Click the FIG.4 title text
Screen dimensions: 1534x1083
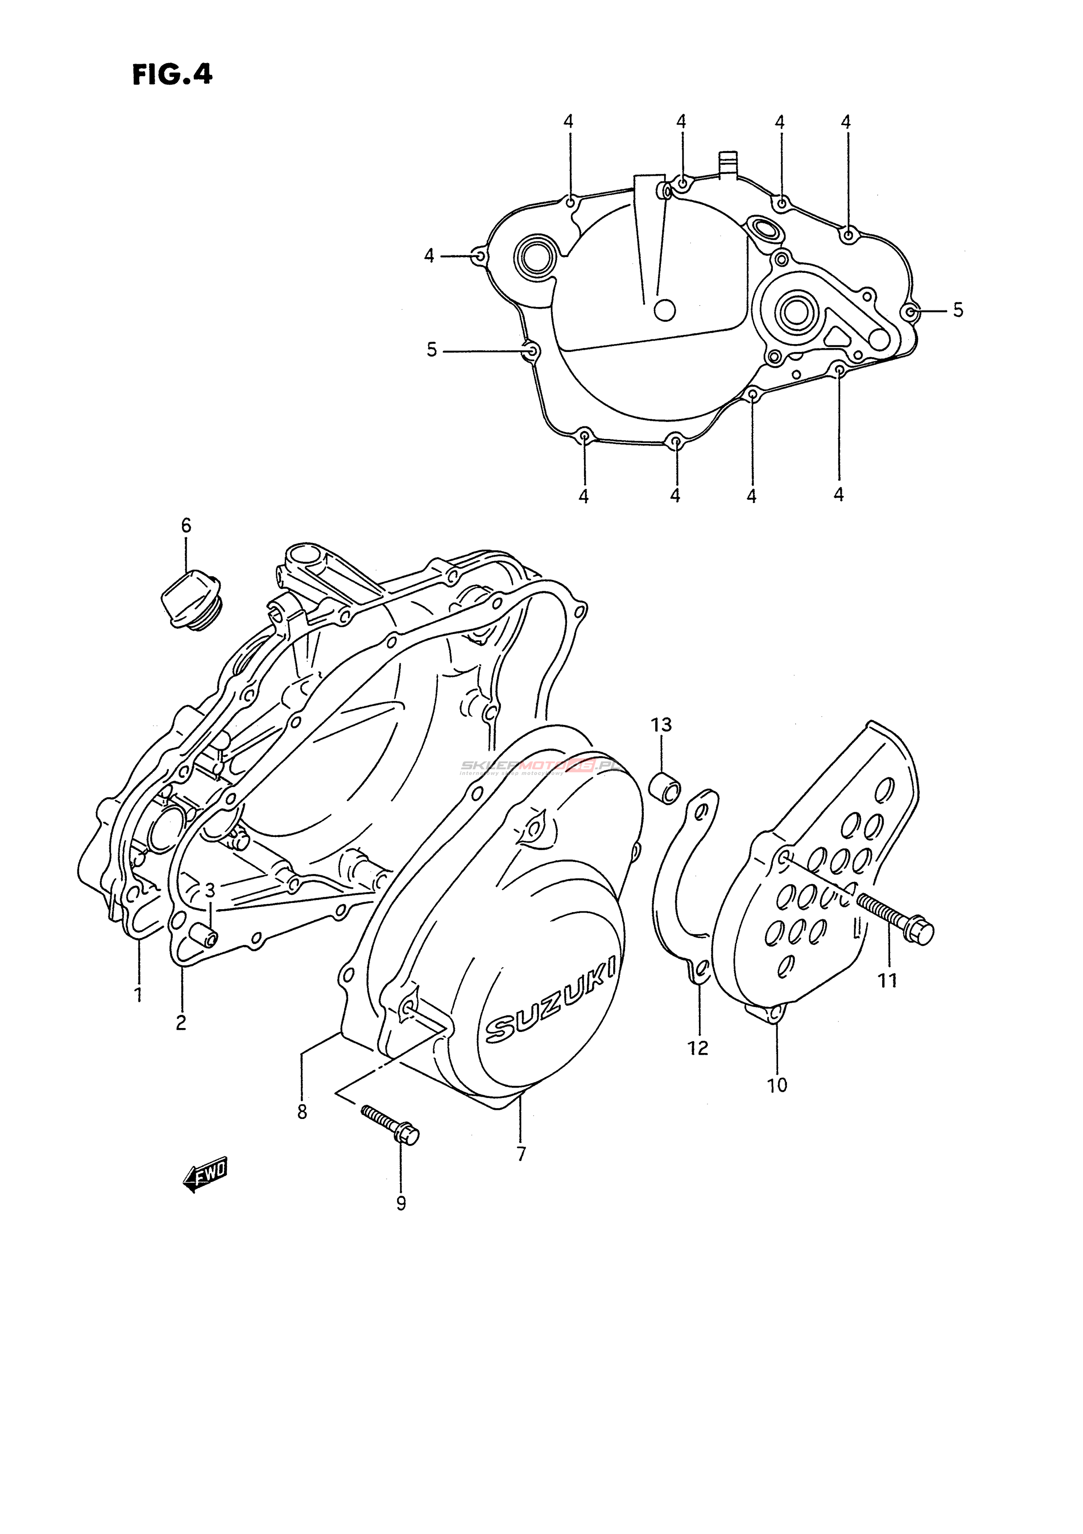(x=172, y=74)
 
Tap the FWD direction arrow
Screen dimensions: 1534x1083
(x=206, y=1182)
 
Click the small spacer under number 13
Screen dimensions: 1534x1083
(x=665, y=787)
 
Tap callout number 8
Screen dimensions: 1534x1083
(x=302, y=1112)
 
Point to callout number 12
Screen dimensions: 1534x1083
(x=698, y=1048)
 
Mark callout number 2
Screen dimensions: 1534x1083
(x=181, y=1022)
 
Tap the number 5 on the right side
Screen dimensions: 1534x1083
(x=958, y=310)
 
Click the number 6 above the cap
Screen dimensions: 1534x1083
(x=186, y=526)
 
